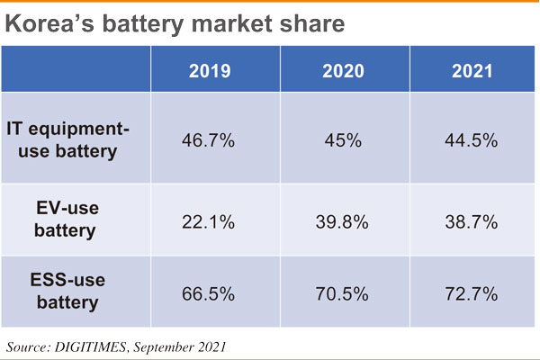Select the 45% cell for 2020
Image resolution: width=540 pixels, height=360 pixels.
pyautogui.click(x=344, y=140)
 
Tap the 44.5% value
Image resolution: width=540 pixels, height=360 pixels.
pyautogui.click(x=471, y=140)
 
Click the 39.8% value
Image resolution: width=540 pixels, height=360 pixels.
pyautogui.click(x=344, y=219)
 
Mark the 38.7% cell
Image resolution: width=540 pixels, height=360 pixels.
pyautogui.click(x=471, y=219)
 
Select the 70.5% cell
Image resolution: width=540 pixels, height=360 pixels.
pyautogui.click(x=344, y=292)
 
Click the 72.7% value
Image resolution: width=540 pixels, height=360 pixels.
pyautogui.click(x=471, y=292)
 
